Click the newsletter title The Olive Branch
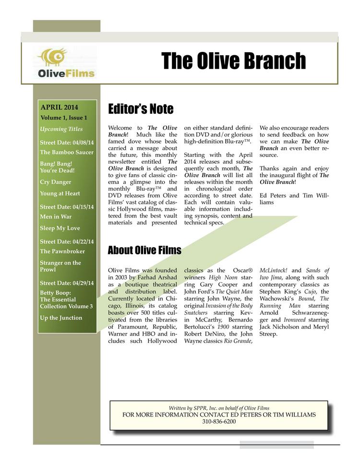coord(233,61)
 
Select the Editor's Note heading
coord(141,109)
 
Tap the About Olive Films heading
coord(144,250)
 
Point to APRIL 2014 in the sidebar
coord(60,108)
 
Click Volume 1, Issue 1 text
coord(64,118)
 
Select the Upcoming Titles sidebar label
coord(61,129)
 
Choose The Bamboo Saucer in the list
coord(67,152)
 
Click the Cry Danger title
coord(56,182)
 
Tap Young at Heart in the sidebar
coord(60,193)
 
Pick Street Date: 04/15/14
coord(67,207)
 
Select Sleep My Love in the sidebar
coord(60,228)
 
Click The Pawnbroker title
coord(62,251)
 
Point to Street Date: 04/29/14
coord(67,283)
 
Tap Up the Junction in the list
coord(61,318)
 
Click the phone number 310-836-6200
coord(219,421)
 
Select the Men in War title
coord(56,216)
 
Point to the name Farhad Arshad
coord(158,278)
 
